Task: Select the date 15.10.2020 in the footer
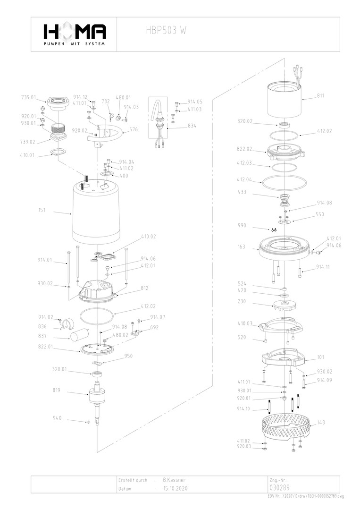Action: (x=176, y=489)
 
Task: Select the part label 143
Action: (x=321, y=422)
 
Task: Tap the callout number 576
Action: (x=134, y=128)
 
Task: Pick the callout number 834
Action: (x=192, y=126)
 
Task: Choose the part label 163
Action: (x=241, y=246)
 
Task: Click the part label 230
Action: (x=241, y=301)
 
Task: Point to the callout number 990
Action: (x=242, y=226)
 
